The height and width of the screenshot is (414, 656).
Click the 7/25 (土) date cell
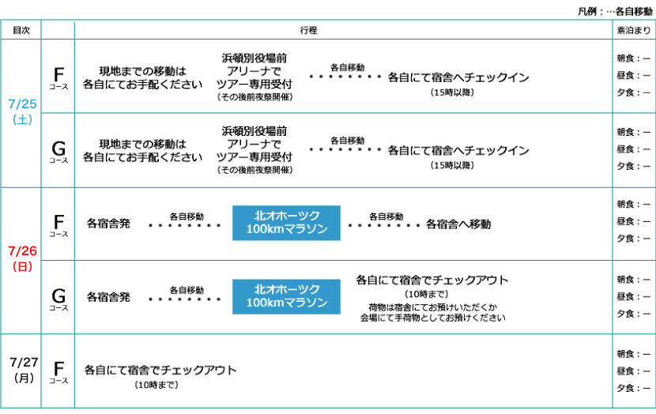coord(21,111)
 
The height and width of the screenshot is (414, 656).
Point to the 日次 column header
coord(21,30)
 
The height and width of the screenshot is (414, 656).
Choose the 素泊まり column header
coord(634,30)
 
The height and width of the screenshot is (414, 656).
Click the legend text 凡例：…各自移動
coord(616,11)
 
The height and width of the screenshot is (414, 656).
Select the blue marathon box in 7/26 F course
coord(286,224)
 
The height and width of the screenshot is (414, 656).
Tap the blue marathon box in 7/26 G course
coord(286,296)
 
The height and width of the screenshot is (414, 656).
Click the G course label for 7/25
coord(58,150)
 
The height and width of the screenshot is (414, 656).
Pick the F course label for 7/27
coord(58,371)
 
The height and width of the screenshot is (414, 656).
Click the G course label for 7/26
coord(58,298)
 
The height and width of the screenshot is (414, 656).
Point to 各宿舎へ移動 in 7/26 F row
coord(458,224)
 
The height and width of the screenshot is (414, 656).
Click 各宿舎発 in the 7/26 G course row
coord(108,297)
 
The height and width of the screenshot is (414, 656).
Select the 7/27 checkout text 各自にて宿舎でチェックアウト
coord(160,370)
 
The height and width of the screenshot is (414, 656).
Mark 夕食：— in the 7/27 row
coord(633,388)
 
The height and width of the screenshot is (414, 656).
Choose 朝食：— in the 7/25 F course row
coord(633,58)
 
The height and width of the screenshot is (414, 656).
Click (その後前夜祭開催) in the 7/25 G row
coord(254,170)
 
